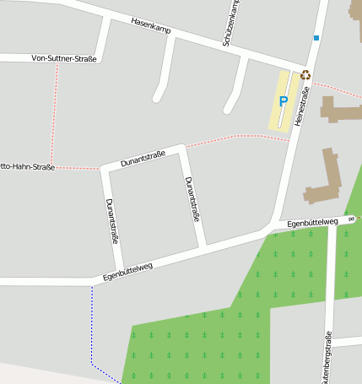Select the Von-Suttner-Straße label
pyautogui.click(x=64, y=58)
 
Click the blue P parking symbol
pyautogui.click(x=284, y=101)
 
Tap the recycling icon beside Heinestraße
pyautogui.click(x=305, y=74)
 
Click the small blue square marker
pyautogui.click(x=316, y=38)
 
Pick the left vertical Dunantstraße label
pyautogui.click(x=112, y=221)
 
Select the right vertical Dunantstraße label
pyautogui.click(x=192, y=199)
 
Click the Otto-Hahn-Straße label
pyautogui.click(x=25, y=167)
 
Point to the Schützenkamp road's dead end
pyautogui.click(x=227, y=110)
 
